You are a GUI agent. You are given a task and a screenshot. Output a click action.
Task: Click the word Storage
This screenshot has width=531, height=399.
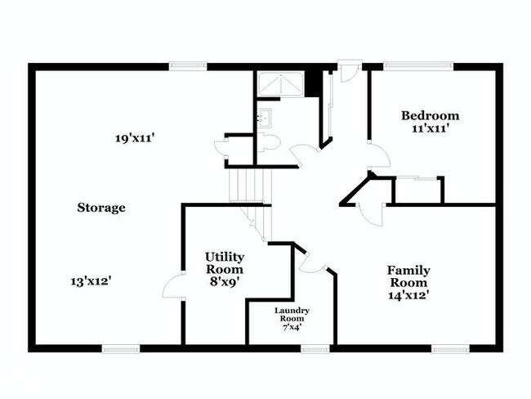[x=101, y=208]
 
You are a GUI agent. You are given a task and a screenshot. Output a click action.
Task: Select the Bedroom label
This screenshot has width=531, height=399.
[x=431, y=115]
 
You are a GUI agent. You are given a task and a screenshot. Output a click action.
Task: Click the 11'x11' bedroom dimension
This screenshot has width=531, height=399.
[x=431, y=128]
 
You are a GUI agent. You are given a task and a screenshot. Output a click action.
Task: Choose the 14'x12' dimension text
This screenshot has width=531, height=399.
[x=408, y=297]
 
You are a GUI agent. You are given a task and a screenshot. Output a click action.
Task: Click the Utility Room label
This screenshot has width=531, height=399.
[x=224, y=262]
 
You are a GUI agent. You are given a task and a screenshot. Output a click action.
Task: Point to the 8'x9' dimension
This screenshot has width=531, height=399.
[x=224, y=282]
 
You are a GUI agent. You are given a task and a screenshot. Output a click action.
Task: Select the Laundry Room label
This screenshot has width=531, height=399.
[x=291, y=314]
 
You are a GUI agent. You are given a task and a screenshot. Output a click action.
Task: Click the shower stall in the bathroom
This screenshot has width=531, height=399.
[x=279, y=85]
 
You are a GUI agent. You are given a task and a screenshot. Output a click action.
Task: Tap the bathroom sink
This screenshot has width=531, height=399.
[x=263, y=118]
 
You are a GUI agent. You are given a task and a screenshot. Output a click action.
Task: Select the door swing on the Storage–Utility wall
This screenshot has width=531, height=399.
[x=173, y=286]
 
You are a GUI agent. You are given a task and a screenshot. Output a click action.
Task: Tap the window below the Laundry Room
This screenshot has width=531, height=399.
[x=315, y=349]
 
